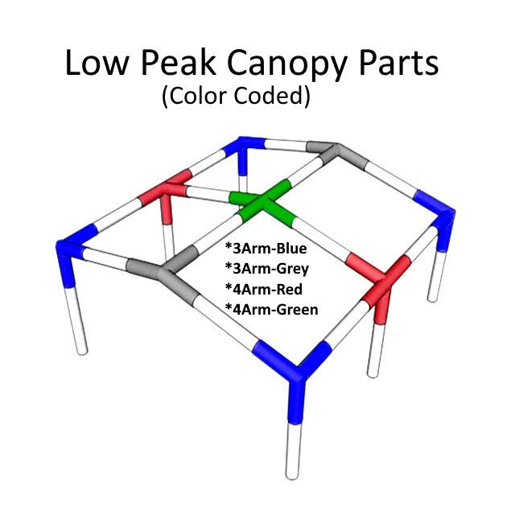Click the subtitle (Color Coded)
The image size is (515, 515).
(235, 97)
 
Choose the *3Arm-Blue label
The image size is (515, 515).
(266, 249)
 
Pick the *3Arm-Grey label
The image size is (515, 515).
(267, 269)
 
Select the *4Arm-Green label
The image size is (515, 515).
(272, 309)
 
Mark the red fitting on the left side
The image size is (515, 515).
(167, 194)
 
